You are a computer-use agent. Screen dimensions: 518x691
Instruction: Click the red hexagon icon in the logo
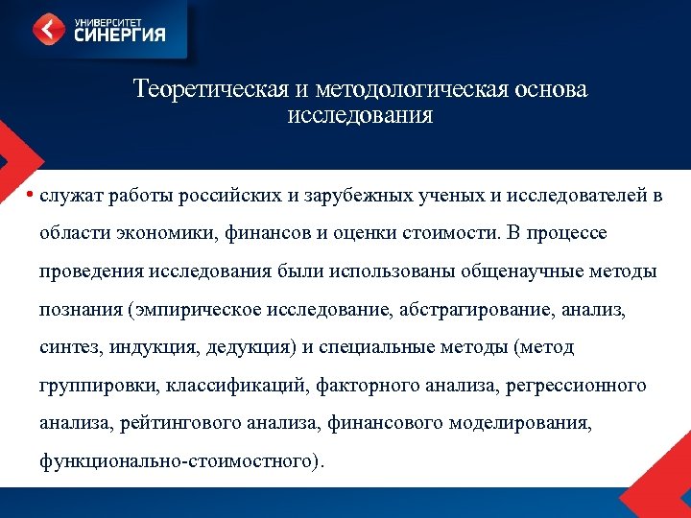coord(49,29)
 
